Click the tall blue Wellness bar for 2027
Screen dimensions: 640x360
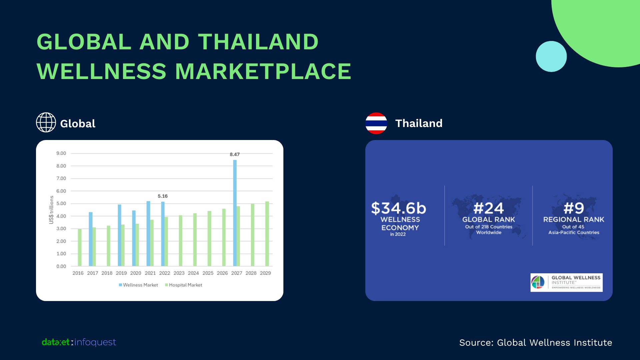click(x=235, y=213)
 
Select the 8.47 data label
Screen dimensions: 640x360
click(x=235, y=154)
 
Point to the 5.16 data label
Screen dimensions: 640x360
click(x=163, y=196)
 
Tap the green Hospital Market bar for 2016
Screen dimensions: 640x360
click(x=80, y=247)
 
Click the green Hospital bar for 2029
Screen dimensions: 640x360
click(x=267, y=234)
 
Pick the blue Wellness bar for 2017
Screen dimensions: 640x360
click(x=91, y=239)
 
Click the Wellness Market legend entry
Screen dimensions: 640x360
click(x=138, y=285)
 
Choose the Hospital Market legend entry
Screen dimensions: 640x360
click(x=184, y=285)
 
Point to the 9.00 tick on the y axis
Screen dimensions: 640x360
click(x=61, y=153)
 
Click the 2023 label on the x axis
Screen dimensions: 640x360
click(x=179, y=273)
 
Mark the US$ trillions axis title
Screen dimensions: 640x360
click(x=51, y=210)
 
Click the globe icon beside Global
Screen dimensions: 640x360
click(x=46, y=122)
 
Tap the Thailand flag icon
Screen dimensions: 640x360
click(x=376, y=123)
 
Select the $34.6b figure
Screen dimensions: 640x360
click(x=399, y=208)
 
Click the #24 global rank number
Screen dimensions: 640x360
click(x=489, y=209)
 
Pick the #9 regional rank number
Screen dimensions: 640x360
click(x=574, y=209)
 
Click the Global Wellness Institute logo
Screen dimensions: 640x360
click(x=567, y=283)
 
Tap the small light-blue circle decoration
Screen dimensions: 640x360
click(x=551, y=56)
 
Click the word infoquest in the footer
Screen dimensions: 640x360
click(x=95, y=342)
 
